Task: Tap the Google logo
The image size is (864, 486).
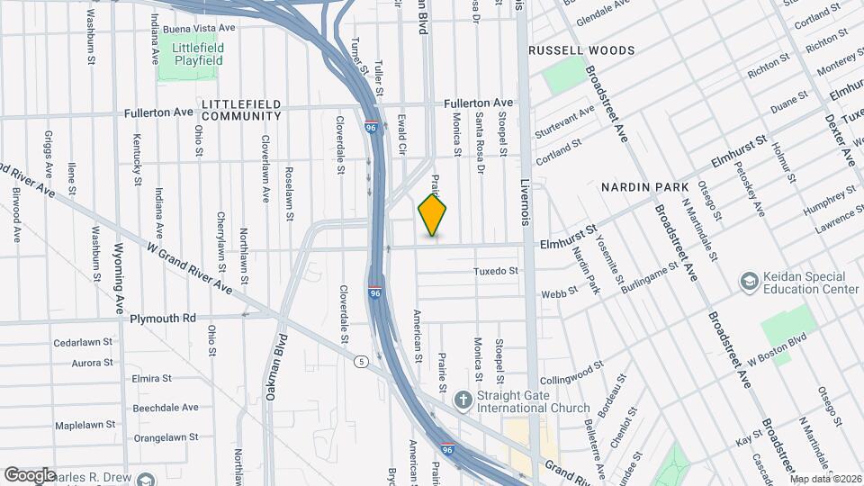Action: [30, 474]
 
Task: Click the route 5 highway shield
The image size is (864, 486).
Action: [361, 362]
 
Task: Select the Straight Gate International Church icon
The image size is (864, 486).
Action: [463, 399]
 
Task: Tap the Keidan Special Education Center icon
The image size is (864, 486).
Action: [748, 283]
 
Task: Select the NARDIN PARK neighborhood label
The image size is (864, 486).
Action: [638, 186]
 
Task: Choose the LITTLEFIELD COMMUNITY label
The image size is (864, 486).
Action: [241, 110]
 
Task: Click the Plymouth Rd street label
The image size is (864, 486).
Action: [163, 319]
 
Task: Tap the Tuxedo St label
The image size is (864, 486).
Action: [497, 271]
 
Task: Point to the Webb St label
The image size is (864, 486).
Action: [552, 293]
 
